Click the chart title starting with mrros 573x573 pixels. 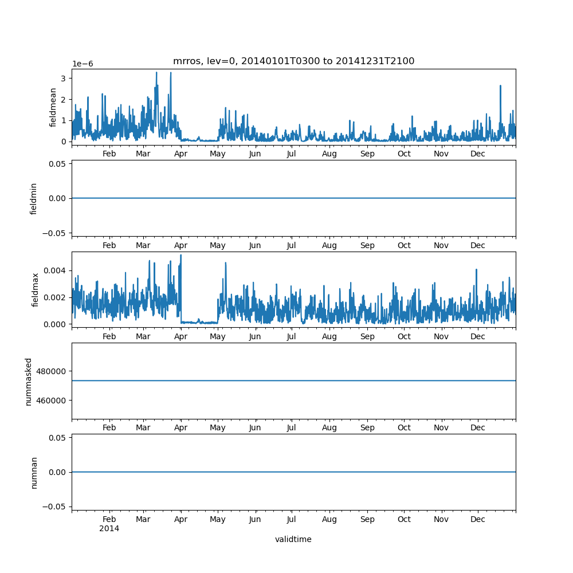[293, 61]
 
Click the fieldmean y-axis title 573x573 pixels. [53, 107]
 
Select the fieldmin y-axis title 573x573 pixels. [34, 198]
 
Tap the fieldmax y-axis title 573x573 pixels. [36, 290]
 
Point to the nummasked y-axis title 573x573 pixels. [29, 382]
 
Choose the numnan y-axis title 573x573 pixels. [34, 472]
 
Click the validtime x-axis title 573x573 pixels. [293, 539]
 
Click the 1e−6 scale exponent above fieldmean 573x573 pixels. [83, 64]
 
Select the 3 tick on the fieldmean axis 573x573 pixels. [65, 78]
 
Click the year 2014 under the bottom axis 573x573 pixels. [109, 528]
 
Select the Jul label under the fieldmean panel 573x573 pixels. [292, 154]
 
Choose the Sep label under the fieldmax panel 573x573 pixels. [367, 337]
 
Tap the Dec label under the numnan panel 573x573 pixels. [478, 519]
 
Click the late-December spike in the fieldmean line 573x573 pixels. [500, 86]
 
